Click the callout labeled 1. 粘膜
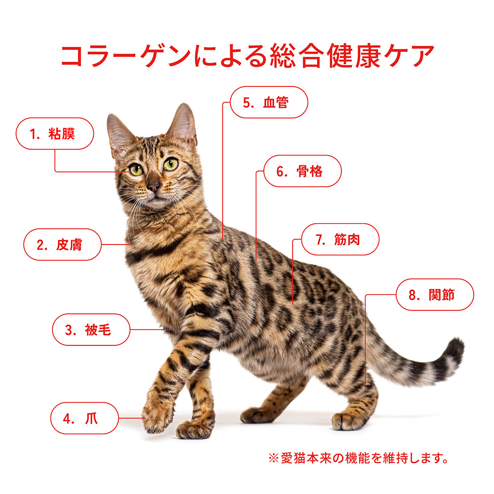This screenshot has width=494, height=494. [55, 133]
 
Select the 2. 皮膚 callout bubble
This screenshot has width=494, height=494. [62, 245]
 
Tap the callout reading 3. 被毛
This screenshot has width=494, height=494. [91, 329]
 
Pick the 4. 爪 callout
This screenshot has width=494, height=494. [84, 418]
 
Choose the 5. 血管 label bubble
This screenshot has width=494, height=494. [269, 102]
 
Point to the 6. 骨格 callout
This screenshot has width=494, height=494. [302, 171]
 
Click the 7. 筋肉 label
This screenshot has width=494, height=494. [340, 239]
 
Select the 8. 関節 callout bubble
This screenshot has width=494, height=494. [435, 294]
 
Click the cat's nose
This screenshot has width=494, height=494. [154, 187]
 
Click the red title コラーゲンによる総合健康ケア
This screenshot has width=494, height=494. [247, 56]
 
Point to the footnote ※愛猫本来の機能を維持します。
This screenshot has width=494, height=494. [358, 458]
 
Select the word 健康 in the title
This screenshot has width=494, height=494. [354, 56]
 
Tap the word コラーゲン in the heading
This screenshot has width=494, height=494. [125, 56]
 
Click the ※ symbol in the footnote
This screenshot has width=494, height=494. [274, 458]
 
